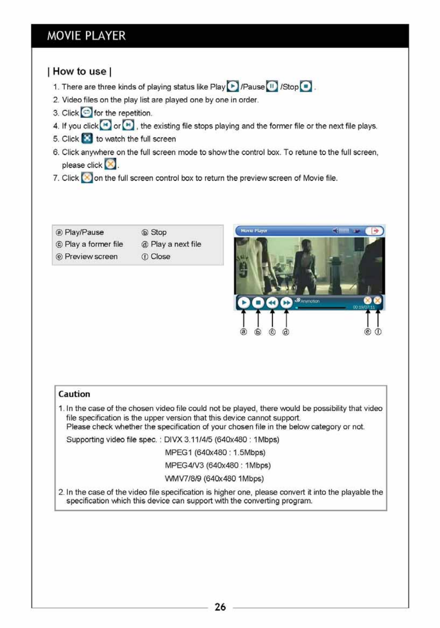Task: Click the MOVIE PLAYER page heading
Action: (86, 36)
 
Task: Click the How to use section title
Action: (79, 71)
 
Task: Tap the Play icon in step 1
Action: (233, 86)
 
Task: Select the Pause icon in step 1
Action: (272, 86)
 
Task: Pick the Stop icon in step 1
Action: (306, 86)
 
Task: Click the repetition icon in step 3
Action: (87, 112)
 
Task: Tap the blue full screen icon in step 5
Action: (87, 139)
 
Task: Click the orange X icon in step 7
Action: (87, 177)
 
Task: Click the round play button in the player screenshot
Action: (244, 302)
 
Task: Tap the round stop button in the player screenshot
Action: (258, 302)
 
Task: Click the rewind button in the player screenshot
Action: (272, 302)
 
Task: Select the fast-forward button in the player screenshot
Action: (286, 302)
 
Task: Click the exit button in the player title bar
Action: (375, 231)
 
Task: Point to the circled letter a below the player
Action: (243, 332)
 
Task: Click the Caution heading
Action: (74, 394)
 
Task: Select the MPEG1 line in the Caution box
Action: (215, 453)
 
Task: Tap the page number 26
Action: (220, 607)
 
